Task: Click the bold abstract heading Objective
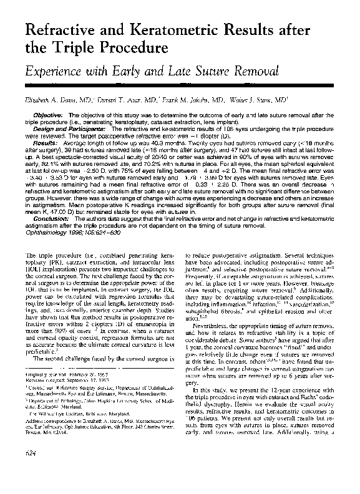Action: click(x=47, y=116)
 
